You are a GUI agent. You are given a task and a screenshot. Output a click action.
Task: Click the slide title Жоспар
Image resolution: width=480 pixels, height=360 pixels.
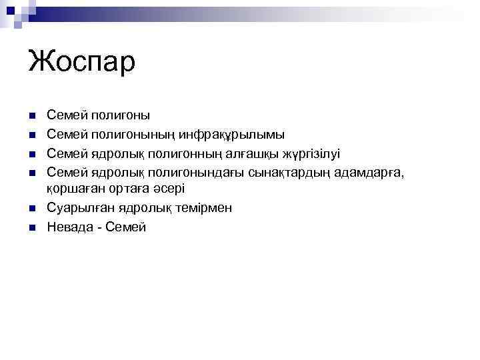click(81, 62)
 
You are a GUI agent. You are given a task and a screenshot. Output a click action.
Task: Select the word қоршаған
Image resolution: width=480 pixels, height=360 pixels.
click(73, 189)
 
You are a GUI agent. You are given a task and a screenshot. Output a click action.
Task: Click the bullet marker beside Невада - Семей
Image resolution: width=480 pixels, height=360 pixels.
click(31, 227)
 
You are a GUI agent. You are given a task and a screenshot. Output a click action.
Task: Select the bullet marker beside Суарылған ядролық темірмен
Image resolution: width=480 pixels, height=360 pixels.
click(31, 209)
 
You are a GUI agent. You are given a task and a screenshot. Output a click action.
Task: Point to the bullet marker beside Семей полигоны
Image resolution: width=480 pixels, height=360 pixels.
click(31, 116)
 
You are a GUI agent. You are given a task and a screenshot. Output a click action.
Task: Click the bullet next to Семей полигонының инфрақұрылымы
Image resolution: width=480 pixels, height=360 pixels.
click(31, 135)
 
